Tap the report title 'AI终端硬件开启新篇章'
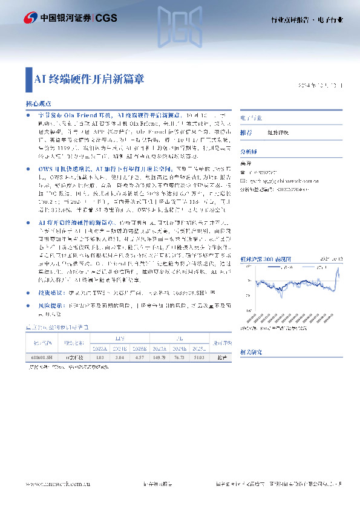click(89, 78)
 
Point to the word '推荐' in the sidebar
click(246, 132)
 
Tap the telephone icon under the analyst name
click(242, 172)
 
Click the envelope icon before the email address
click(242, 180)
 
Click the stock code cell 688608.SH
click(41, 358)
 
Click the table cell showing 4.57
click(140, 358)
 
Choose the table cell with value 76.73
click(181, 358)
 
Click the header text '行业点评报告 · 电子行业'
click(306, 20)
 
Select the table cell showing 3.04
click(120, 358)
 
